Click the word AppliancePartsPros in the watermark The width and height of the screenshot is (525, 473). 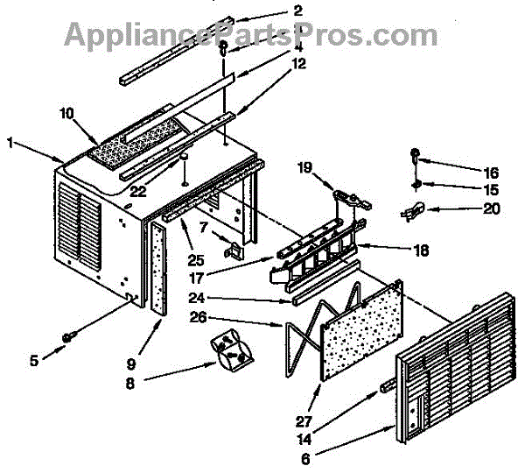[x=210, y=35]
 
